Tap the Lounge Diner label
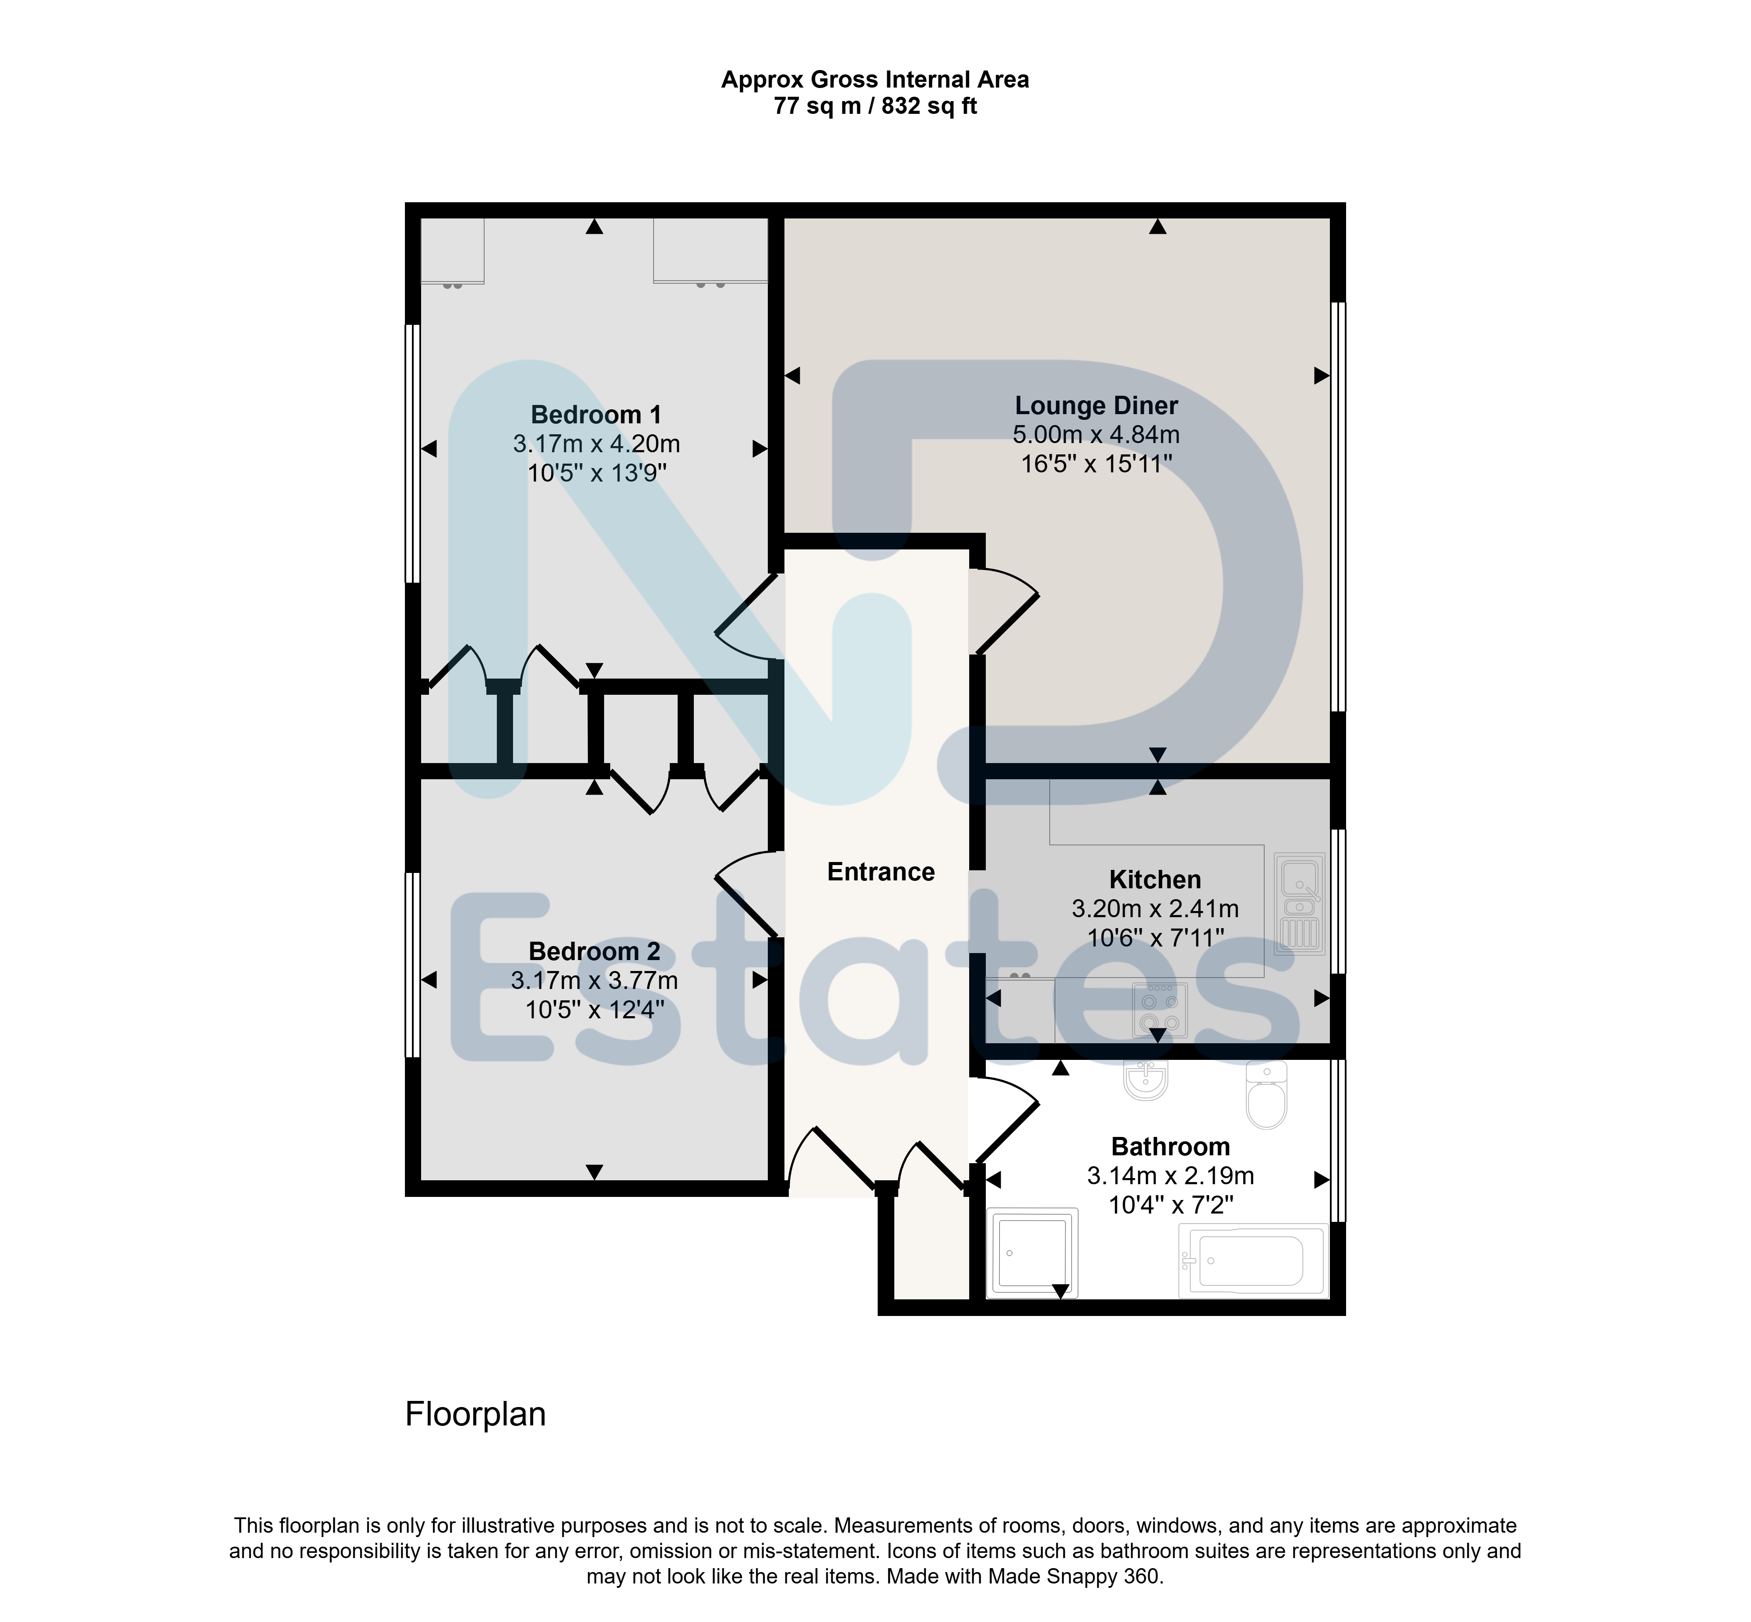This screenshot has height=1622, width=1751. coord(1096,405)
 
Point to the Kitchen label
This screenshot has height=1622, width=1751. coord(1155,880)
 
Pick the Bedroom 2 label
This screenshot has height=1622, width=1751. coord(594,951)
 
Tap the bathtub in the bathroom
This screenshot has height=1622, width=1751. coord(1252,1261)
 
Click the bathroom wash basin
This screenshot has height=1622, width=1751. coord(1146,1080)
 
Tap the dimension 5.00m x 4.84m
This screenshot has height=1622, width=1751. coord(1096,434)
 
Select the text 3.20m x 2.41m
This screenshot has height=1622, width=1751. coord(1155,908)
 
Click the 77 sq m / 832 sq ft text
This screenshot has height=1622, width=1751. coord(875,106)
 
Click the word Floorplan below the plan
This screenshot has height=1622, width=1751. coord(476,1414)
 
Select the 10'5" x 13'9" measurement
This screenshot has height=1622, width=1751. coord(597,473)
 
